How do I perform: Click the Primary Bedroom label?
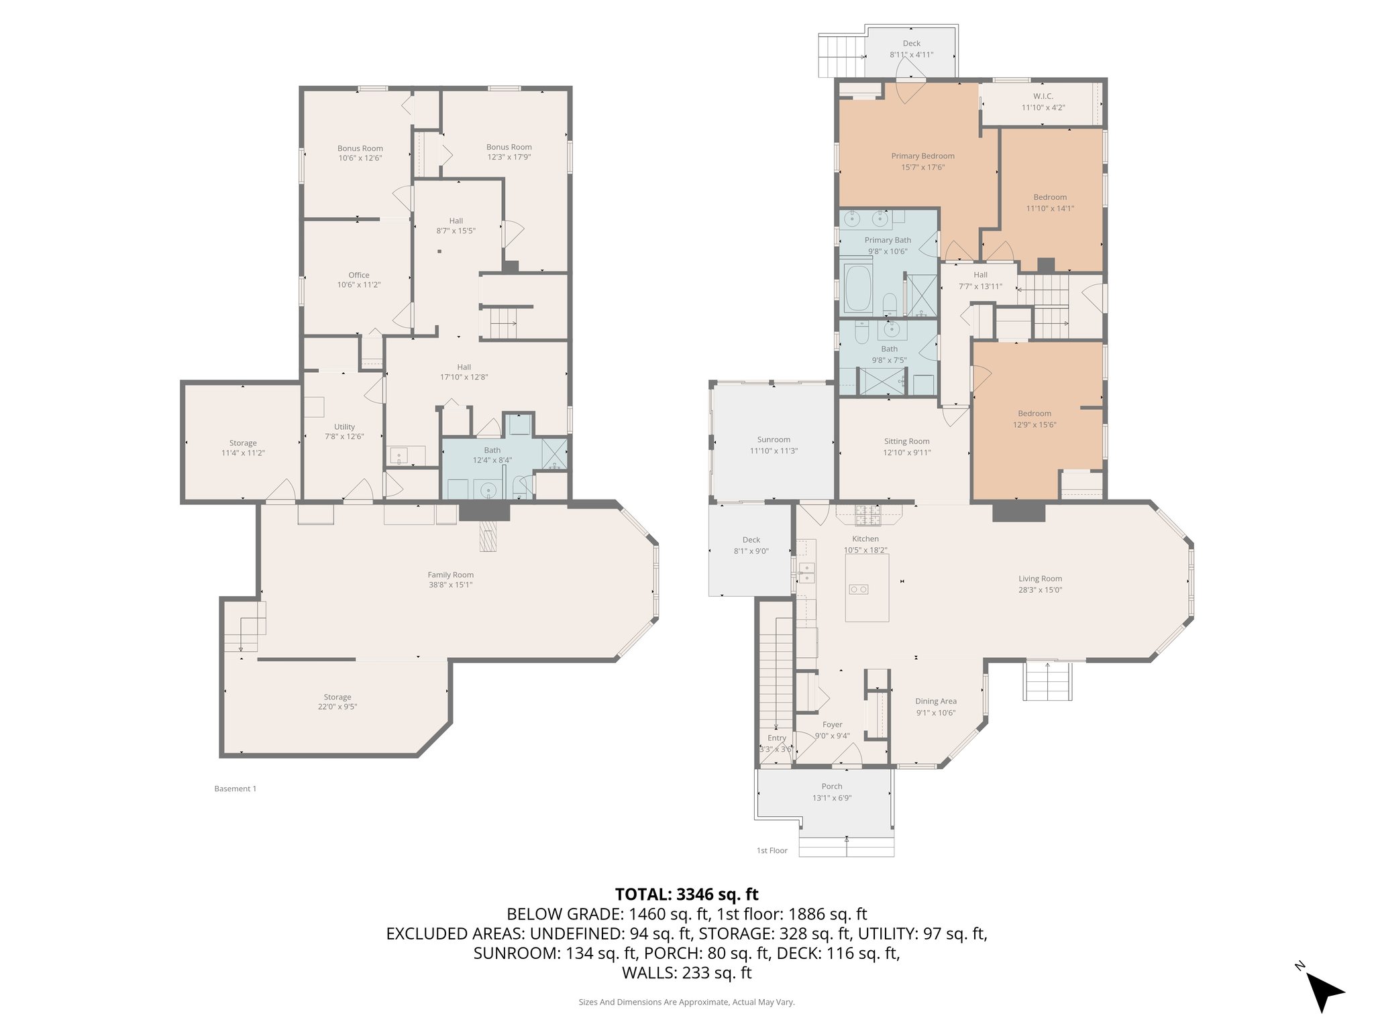pyautogui.click(x=922, y=156)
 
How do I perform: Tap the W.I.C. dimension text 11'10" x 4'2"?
pyautogui.click(x=1043, y=107)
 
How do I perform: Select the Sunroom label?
pyautogui.click(x=774, y=440)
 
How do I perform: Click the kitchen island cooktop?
pyautogui.click(x=859, y=589)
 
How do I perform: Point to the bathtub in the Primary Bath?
pyautogui.click(x=857, y=289)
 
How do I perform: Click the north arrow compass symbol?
pyautogui.click(x=1323, y=991)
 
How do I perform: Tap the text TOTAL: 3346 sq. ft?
pyautogui.click(x=686, y=894)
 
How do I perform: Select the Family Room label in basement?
pyautogui.click(x=450, y=575)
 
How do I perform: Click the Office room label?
pyautogui.click(x=358, y=275)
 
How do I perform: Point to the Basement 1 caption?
pyautogui.click(x=235, y=789)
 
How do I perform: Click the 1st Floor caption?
pyautogui.click(x=772, y=850)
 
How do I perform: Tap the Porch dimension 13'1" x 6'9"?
pyautogui.click(x=831, y=798)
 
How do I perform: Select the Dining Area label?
pyautogui.click(x=935, y=701)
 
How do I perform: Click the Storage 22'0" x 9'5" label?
pyautogui.click(x=337, y=701)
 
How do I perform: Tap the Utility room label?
pyautogui.click(x=344, y=427)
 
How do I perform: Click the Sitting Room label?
pyautogui.click(x=906, y=441)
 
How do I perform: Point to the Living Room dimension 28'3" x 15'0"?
pyautogui.click(x=1040, y=590)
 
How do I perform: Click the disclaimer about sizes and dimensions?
pyautogui.click(x=686, y=1002)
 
